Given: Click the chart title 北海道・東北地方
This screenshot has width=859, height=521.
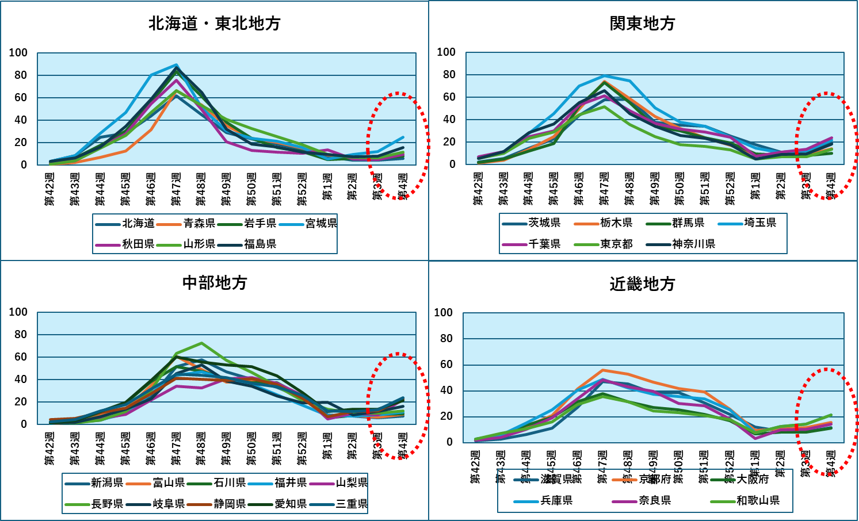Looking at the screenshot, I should (x=214, y=24).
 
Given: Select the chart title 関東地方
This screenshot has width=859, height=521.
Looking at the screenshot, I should (x=642, y=24).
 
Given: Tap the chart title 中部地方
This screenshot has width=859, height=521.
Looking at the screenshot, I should (x=214, y=283).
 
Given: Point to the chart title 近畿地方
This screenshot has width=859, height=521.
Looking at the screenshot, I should (x=642, y=284).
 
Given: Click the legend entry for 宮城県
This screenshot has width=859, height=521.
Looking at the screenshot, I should (x=321, y=223).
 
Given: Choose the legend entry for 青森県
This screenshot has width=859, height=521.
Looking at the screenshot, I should (x=199, y=223).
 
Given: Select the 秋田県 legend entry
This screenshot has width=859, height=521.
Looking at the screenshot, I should (x=138, y=244).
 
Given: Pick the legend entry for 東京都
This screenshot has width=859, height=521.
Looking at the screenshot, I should (x=616, y=244).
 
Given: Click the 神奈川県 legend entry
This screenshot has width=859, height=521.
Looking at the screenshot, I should (x=693, y=244).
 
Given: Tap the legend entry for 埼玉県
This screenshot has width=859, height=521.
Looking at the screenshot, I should (x=760, y=223).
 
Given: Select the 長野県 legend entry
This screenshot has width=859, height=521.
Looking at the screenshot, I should (x=107, y=504).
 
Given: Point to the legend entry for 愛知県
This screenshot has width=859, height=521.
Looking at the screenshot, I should (x=291, y=504).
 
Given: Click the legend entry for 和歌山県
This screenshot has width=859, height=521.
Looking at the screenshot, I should (x=758, y=500).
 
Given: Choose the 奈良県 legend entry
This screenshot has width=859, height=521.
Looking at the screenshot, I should (x=655, y=500).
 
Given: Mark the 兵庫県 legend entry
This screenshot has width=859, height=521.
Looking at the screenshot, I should (x=556, y=500).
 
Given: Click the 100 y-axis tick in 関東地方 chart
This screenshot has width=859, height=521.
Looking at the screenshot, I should (x=446, y=52).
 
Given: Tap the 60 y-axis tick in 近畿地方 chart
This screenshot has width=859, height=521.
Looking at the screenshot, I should (x=446, y=365).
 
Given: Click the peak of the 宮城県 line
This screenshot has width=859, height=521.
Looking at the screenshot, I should (x=176, y=65).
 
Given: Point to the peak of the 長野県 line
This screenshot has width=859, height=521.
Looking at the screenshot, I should (x=201, y=343).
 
